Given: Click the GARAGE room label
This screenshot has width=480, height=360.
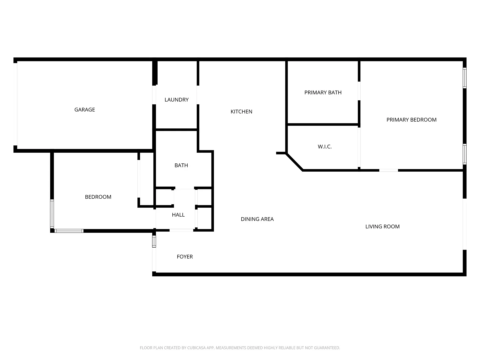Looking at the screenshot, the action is point(84,110).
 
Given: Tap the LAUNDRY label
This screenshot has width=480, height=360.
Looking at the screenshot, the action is point(176,100).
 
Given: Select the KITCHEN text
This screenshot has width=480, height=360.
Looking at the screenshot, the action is point(241,111).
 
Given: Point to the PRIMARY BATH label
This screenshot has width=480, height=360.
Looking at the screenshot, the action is point(323,92).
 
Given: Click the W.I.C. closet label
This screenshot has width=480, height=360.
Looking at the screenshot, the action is point(325,146).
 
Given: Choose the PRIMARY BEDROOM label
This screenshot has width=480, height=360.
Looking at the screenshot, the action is point(411,120).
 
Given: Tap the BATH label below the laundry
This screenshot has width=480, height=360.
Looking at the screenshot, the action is point(181,165).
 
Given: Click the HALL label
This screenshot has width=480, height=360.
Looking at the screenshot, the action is point(178,215).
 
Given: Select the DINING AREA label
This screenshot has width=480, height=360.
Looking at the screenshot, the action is point(257,219).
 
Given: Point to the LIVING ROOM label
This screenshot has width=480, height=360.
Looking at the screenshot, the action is point(382,226).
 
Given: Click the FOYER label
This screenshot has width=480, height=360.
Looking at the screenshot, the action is point(185,256).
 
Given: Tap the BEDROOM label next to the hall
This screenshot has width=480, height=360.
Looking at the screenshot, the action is point(98,197).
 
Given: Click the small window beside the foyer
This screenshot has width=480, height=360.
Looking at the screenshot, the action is point(154,242).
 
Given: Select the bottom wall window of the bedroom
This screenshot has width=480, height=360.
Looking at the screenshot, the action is point(69,231).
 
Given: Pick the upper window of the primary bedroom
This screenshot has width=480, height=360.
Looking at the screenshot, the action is point(464,78).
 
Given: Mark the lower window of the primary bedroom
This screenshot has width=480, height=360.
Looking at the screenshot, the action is point(464,154).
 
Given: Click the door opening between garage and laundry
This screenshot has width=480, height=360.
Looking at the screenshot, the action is point(154,95).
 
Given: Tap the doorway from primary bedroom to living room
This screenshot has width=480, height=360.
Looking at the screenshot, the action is point(388,170).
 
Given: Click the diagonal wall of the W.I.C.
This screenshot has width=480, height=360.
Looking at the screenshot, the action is point(295,162).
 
